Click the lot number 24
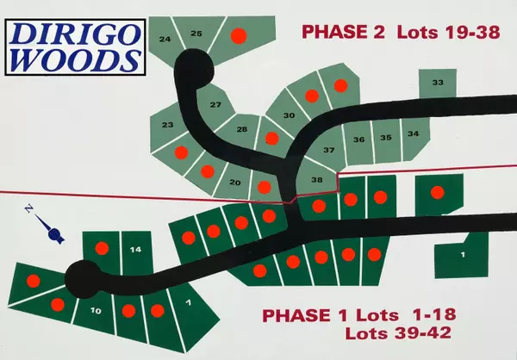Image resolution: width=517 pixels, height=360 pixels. (165, 40)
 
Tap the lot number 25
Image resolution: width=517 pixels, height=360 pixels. (196, 34)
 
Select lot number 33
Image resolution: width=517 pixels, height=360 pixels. (437, 83)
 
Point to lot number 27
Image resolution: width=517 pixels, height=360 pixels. (215, 105)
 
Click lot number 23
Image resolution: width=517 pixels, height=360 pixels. (168, 126)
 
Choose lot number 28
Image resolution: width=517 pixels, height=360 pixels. (242, 129)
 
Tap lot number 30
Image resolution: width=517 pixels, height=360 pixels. (290, 115)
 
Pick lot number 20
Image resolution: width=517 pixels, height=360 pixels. (234, 182)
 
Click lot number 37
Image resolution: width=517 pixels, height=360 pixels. (328, 150)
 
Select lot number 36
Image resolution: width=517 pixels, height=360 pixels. (358, 139)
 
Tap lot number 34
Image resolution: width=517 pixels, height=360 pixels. (414, 133)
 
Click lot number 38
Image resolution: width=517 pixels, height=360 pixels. (316, 180)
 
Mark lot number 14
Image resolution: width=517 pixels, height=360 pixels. (135, 249)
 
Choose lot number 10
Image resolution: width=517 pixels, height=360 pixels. (96, 310)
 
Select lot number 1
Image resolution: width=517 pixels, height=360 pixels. (463, 255)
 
